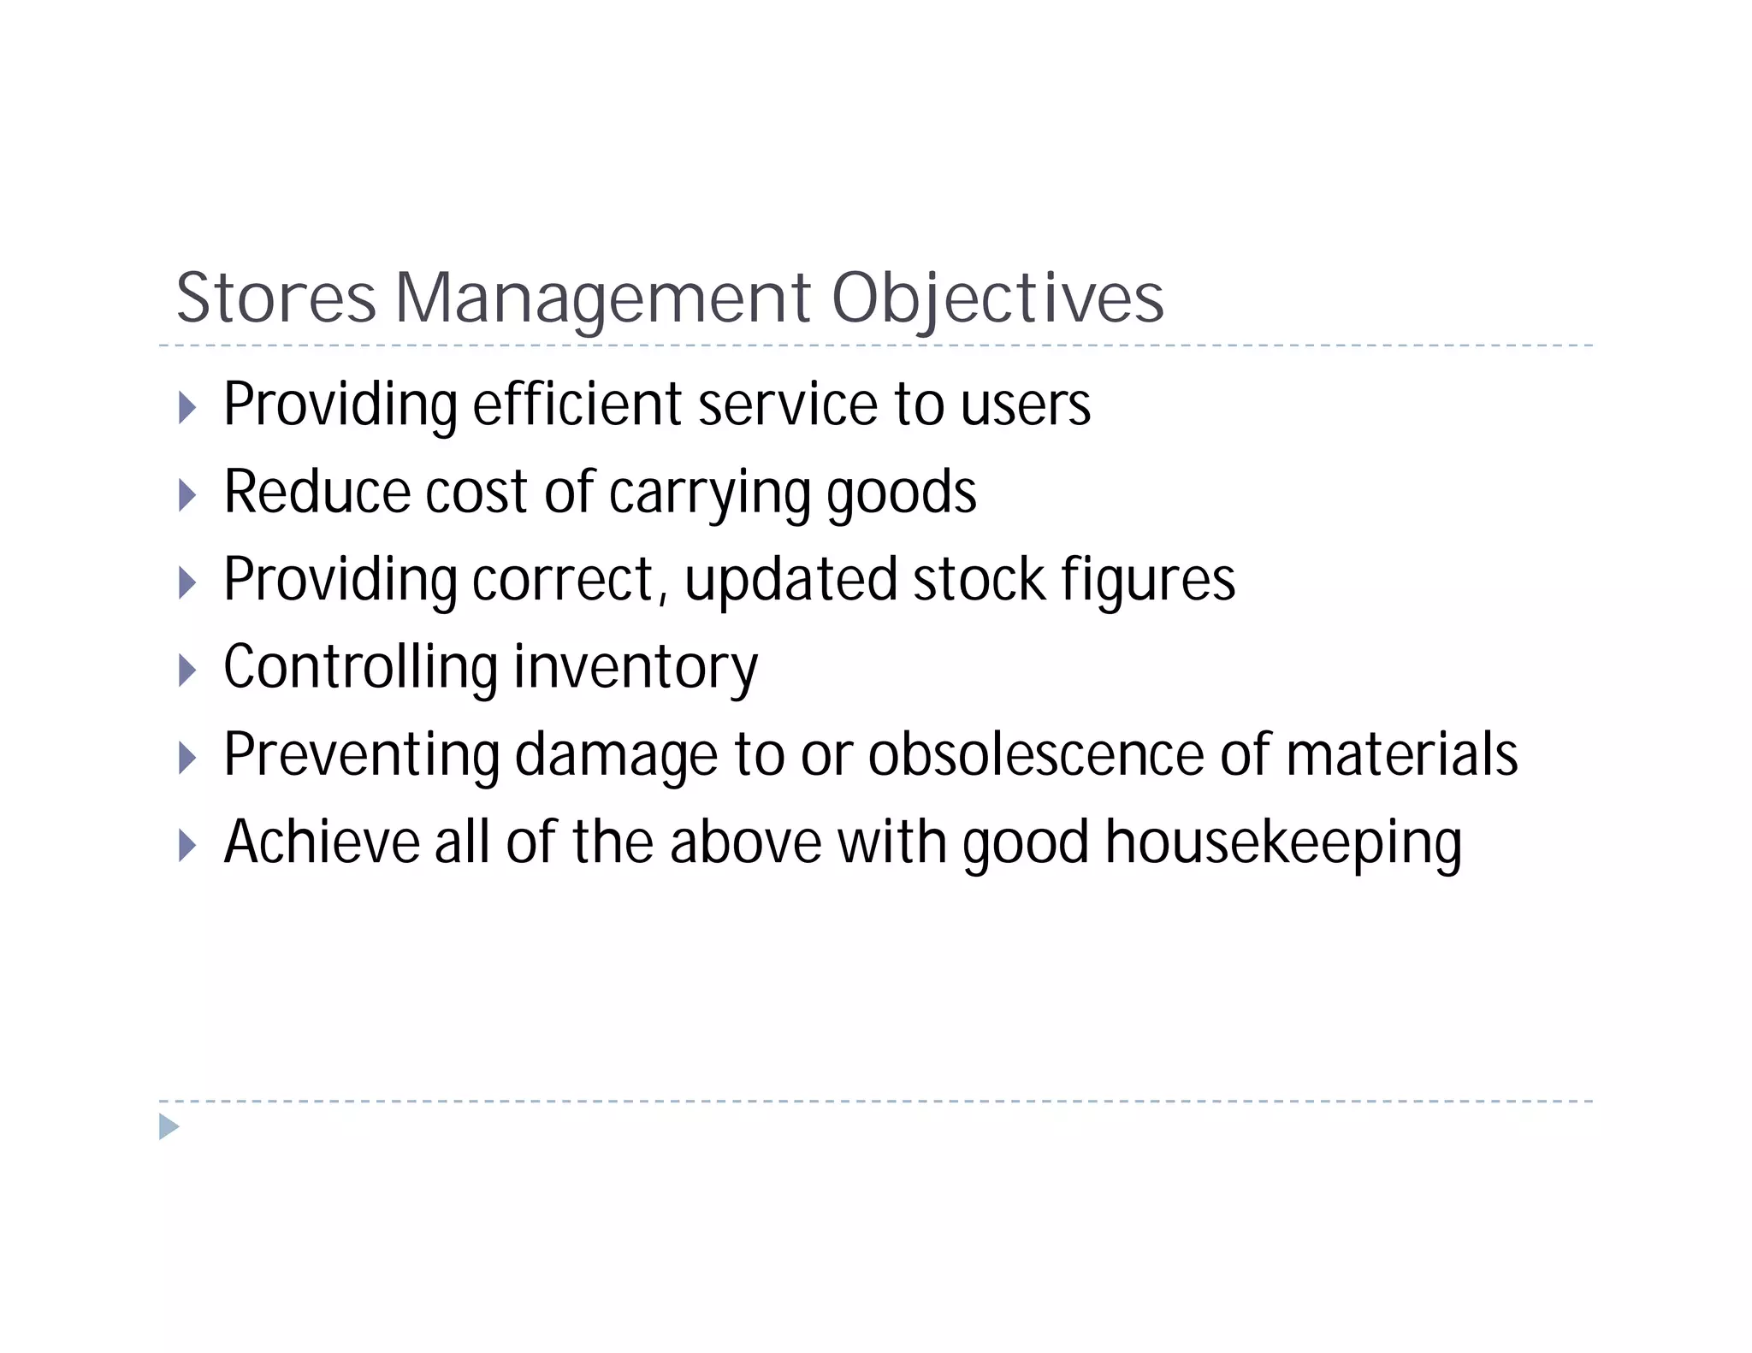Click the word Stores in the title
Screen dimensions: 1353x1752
pyautogui.click(x=275, y=298)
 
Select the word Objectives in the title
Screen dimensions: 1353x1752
pyautogui.click(x=997, y=298)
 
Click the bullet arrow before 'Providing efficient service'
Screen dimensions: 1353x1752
pyautogui.click(x=187, y=407)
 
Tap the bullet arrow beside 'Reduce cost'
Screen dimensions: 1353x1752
pyautogui.click(x=187, y=495)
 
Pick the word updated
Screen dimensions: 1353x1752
pyautogui.click(x=790, y=582)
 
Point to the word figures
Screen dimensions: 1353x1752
pyautogui.click(x=1148, y=582)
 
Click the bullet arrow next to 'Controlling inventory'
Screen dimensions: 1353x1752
pyautogui.click(x=187, y=670)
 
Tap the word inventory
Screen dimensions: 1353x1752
pyautogui.click(x=636, y=669)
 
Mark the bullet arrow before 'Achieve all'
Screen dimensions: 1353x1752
pyautogui.click(x=187, y=846)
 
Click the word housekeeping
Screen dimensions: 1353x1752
pyautogui.click(x=1283, y=844)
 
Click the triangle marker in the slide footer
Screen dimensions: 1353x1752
pyautogui.click(x=169, y=1127)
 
